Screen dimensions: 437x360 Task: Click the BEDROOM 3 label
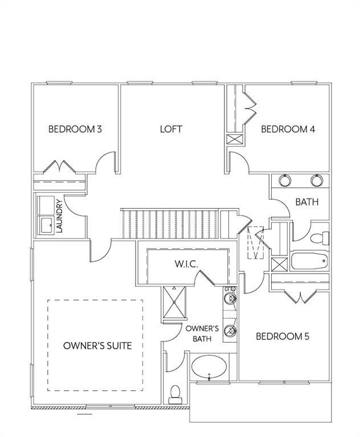point(75,129)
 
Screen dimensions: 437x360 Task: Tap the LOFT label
point(171,129)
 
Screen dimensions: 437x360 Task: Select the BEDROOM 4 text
point(288,129)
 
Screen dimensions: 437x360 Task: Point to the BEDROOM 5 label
point(283,336)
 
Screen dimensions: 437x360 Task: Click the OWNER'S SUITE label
point(97,345)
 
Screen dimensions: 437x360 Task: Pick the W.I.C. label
point(186,265)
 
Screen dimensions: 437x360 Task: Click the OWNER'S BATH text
point(202,333)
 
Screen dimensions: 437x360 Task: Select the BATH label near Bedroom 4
point(306,202)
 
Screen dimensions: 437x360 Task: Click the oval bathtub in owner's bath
point(209,369)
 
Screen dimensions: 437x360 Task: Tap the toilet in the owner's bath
point(176,392)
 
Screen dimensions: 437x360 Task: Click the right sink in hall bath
point(316,181)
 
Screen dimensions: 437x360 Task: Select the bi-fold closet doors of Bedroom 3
point(60,167)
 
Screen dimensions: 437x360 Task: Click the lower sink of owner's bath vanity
point(230,329)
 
